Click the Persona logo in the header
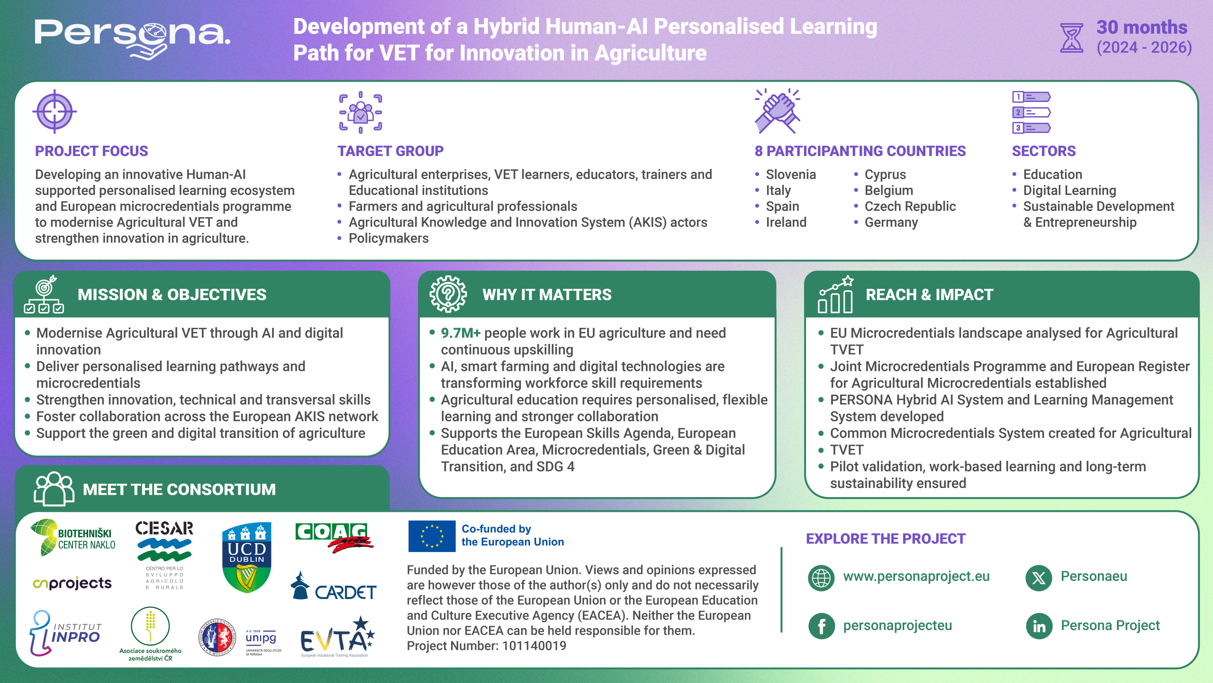[133, 38]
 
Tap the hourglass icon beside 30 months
[1072, 37]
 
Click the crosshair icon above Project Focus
[54, 112]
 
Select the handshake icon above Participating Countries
[778, 111]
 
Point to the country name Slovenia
[791, 175]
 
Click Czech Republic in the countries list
[910, 206]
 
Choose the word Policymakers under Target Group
[389, 238]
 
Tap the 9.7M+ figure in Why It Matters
[461, 333]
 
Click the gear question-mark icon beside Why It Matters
[448, 294]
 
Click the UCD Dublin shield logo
[247, 557]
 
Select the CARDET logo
[334, 586]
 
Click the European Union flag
[432, 536]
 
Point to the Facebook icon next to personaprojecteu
[822, 626]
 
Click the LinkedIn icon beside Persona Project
[1039, 626]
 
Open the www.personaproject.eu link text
[916, 576]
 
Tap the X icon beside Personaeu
[1039, 578]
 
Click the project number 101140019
[534, 646]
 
